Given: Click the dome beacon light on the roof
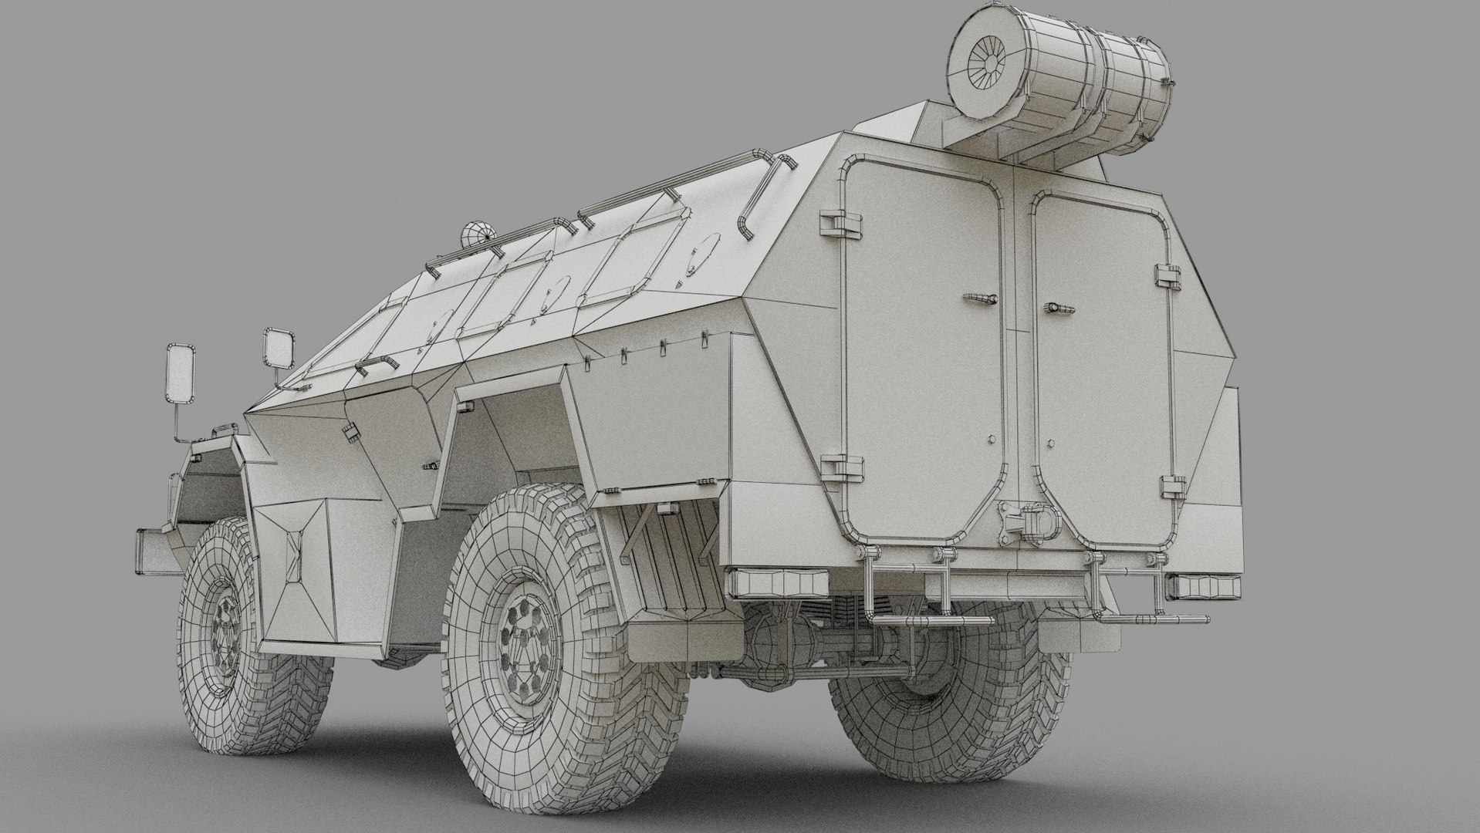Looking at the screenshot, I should click(476, 233).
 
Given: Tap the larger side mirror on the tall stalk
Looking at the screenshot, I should click(182, 373).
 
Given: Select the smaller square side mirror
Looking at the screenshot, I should click(279, 348).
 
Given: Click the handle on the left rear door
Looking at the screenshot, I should click(978, 298).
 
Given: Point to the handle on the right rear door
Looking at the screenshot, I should click(1059, 308).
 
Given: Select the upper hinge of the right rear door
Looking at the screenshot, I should click(1169, 274).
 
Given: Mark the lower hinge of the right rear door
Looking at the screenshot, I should click(1172, 486).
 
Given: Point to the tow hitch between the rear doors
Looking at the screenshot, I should click(1023, 521).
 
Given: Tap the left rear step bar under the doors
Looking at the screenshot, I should click(926, 619).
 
